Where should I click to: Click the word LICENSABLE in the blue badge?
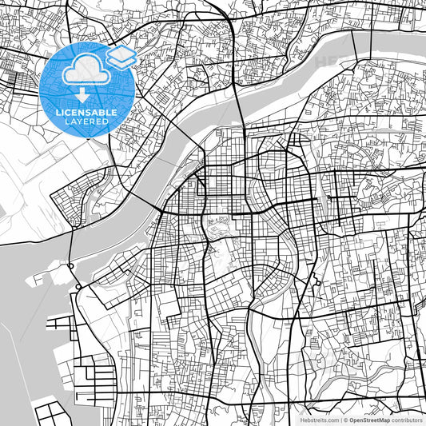coord(86,113)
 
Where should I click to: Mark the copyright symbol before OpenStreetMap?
coord(344,420)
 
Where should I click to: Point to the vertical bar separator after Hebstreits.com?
coord(339,420)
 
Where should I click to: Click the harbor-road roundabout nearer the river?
coord(70,265)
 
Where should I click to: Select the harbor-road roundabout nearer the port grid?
coord(78,286)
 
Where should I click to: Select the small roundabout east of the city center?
coord(328,197)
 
